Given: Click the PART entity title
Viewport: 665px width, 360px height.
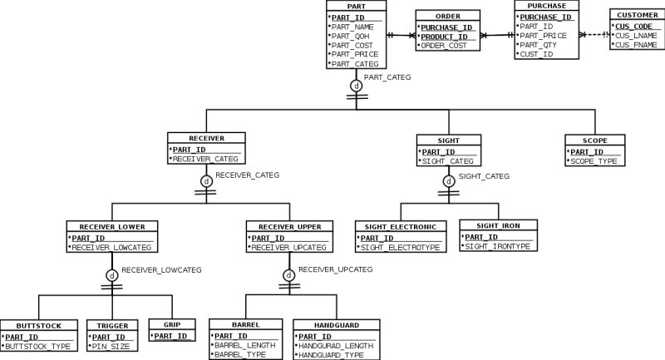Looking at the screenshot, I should pyautogui.click(x=356, y=6).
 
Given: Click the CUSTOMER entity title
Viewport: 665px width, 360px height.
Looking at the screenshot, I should pyautogui.click(x=636, y=15).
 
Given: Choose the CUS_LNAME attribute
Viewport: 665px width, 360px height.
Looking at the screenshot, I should pyautogui.click(x=636, y=35).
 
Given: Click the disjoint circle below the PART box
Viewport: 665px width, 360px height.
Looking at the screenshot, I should pyautogui.click(x=356, y=85).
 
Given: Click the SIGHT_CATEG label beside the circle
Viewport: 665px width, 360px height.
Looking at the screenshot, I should pyautogui.click(x=484, y=176).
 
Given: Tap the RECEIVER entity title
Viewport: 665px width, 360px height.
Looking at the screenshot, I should pyautogui.click(x=206, y=138).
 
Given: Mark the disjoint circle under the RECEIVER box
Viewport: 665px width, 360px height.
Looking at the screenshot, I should pyautogui.click(x=206, y=180).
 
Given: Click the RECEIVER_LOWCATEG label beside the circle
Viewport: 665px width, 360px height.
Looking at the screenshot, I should pyautogui.click(x=161, y=269).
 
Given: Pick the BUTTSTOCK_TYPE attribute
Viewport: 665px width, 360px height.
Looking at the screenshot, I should pyautogui.click(x=37, y=346).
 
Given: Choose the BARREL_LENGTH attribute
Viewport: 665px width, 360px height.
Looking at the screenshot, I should pyautogui.click(x=244, y=346).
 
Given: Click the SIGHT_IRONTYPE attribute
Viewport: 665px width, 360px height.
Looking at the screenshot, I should pyautogui.click(x=497, y=247).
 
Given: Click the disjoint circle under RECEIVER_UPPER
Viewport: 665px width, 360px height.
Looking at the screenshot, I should pyautogui.click(x=288, y=274).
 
